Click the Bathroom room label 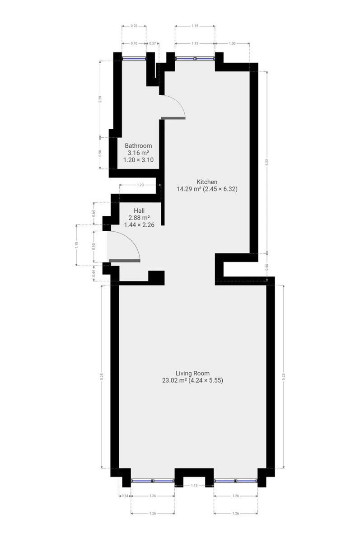pos(138,145)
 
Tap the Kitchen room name pos(207,182)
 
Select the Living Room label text pos(192,373)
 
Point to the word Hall pos(139,210)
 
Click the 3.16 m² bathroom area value pos(138,153)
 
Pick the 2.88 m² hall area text pos(139,218)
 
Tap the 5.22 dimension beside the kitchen pos(267,162)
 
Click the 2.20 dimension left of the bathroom pos(100,99)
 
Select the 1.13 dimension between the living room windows pos(194,486)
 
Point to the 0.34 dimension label pos(125,496)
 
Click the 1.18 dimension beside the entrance pos(76,245)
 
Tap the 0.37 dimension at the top pos(152,43)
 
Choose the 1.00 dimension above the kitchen pos(232,43)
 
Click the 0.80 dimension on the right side pos(267,266)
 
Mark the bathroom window pos(134,59)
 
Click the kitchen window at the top pos(195,59)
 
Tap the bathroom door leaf pos(173,118)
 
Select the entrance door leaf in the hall pos(125,261)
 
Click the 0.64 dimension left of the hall pos(94,213)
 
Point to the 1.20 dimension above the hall pos(140,185)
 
